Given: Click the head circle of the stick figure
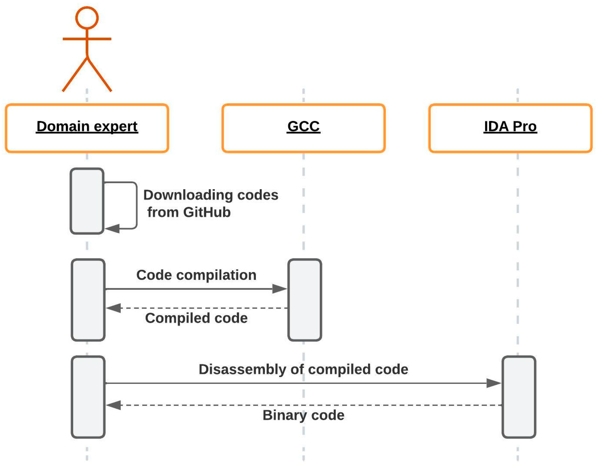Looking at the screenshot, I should coord(87,18).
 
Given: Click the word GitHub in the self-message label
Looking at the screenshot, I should coord(207,212).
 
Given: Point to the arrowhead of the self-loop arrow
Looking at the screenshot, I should coord(113,228).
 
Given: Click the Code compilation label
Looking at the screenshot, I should coord(196,275).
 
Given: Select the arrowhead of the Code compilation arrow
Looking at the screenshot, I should coord(280,289).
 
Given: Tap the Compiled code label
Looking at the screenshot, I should coord(196,318).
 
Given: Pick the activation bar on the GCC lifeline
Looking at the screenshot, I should coord(305,300).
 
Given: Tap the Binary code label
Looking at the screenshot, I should coord(303,415).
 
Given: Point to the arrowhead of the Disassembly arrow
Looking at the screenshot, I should coord(494,383).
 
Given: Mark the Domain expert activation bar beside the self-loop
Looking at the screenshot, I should coord(87,201).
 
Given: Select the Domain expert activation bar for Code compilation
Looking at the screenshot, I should coord(88,300).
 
